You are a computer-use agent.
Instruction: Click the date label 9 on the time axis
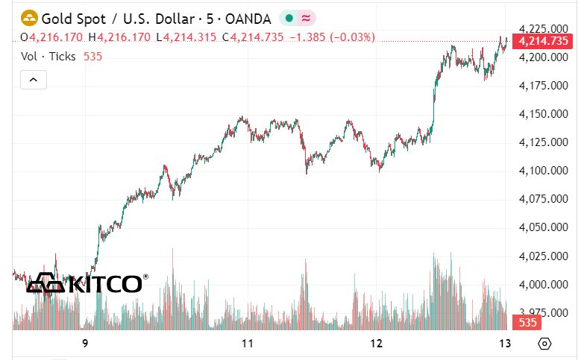tap(85, 344)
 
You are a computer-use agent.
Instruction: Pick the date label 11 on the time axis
tap(248, 344)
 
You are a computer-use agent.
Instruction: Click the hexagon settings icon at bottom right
tap(545, 344)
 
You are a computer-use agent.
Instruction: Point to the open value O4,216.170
tap(51, 37)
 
